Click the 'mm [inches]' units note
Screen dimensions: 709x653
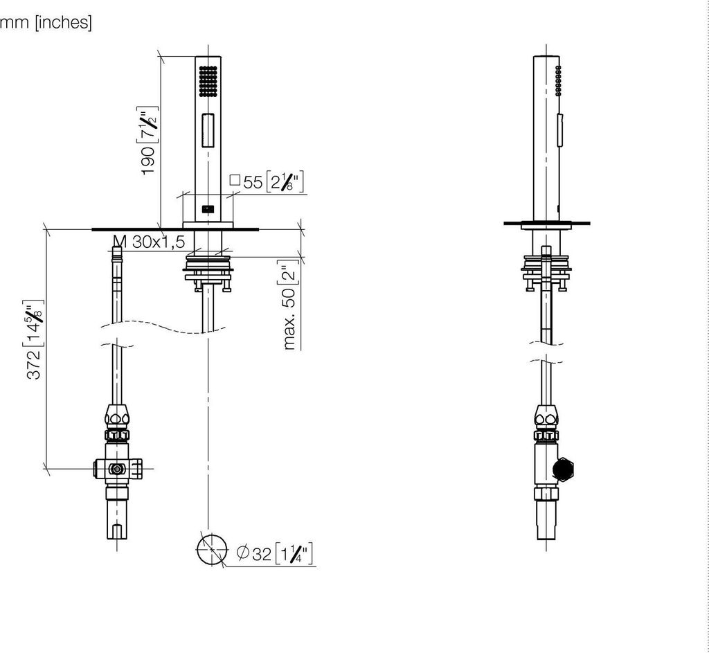coord(46,22)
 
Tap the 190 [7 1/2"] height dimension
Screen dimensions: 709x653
coord(148,141)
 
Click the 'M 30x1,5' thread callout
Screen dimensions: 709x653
coord(150,242)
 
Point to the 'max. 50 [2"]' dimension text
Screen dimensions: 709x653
coord(289,305)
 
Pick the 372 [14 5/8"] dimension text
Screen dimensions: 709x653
coord(35,339)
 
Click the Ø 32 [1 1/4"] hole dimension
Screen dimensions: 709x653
coord(274,553)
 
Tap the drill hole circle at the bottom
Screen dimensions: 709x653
coord(212,550)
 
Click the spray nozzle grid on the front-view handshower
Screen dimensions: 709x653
coord(208,81)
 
